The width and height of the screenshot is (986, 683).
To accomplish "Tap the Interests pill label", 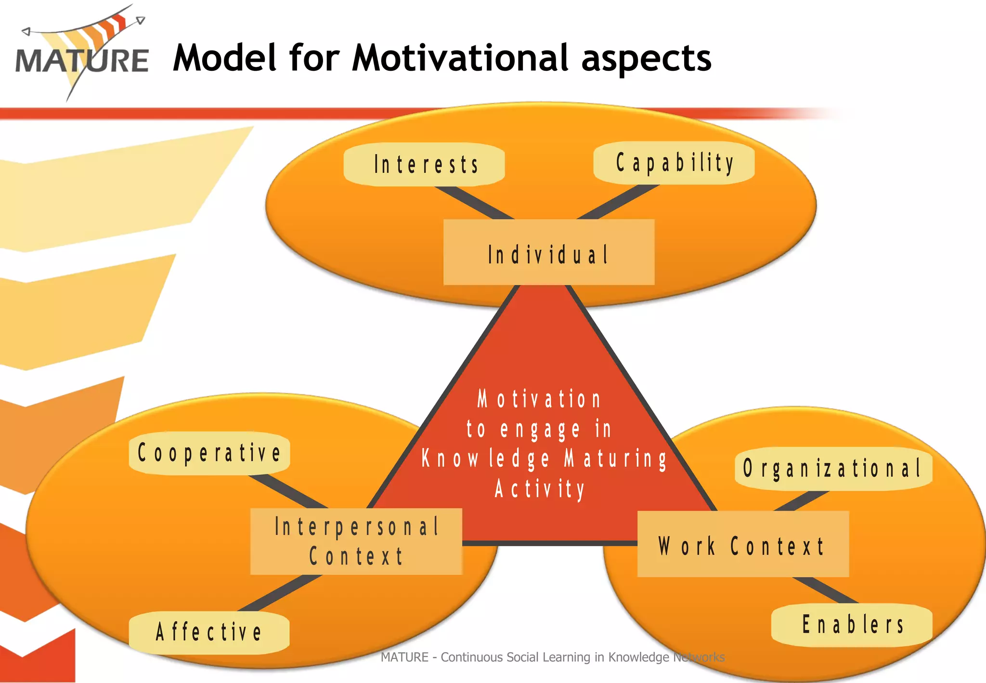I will pyautogui.click(x=424, y=164).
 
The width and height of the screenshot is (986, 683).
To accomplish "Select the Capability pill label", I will pyautogui.click(x=674, y=163).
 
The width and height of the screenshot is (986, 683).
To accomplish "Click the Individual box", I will pyautogui.click(x=548, y=252).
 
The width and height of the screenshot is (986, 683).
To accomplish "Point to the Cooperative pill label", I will pyautogui.click(x=209, y=453).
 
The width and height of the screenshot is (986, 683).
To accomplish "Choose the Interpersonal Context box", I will pyautogui.click(x=356, y=541).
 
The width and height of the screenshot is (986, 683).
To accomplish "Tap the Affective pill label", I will pyautogui.click(x=209, y=632).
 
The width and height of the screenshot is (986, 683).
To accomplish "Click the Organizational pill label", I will pyautogui.click(x=833, y=469).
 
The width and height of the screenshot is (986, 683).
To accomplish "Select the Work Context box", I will pyautogui.click(x=742, y=544).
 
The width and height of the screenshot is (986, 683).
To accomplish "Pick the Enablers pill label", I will pyautogui.click(x=852, y=625).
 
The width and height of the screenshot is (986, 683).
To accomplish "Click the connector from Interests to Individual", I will pyautogui.click(x=474, y=203).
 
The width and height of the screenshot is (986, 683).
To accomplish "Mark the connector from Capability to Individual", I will pyautogui.click(x=618, y=202).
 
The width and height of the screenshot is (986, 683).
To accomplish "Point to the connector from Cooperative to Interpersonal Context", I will pyautogui.click(x=288, y=491).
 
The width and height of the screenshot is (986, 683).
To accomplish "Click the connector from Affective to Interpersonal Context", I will pyautogui.click(x=280, y=593).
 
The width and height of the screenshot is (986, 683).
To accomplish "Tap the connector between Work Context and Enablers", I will pyautogui.click(x=825, y=591).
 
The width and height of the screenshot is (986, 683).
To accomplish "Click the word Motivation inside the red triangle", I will pyautogui.click(x=539, y=400).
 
